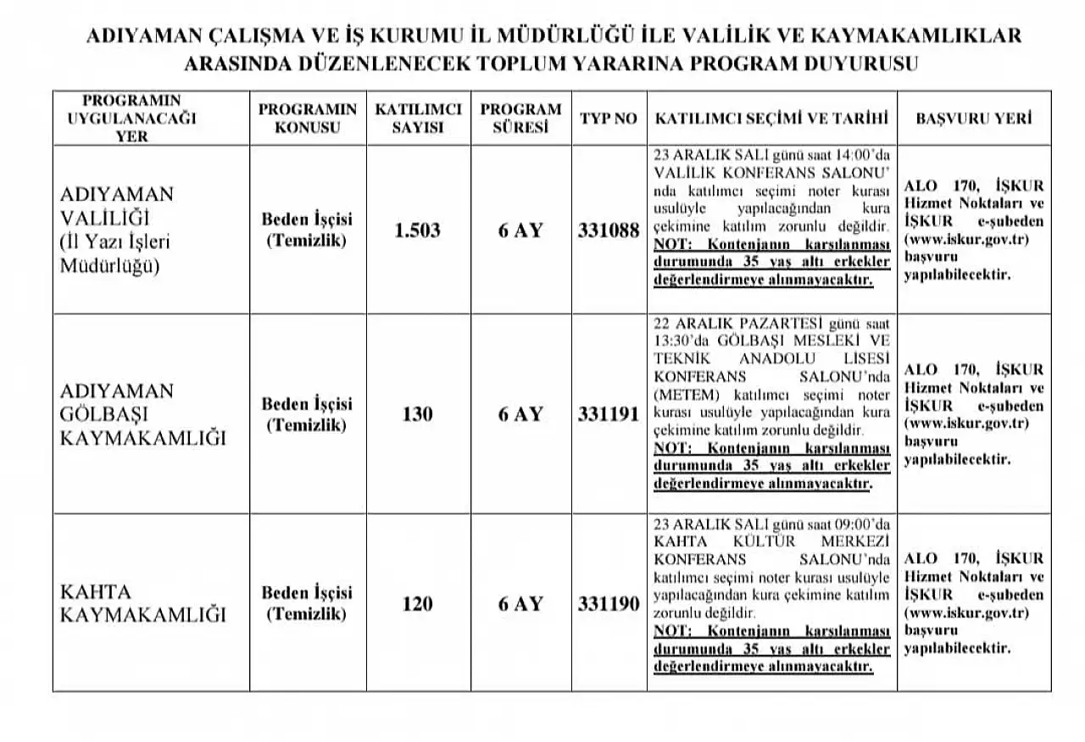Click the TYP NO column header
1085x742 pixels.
[608, 119]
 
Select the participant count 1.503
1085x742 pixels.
[418, 230]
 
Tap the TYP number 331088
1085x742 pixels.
[609, 230]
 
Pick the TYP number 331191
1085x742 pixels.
[609, 414]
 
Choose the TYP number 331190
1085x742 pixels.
[609, 604]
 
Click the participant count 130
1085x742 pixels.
[418, 414]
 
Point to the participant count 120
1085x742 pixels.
[418, 604]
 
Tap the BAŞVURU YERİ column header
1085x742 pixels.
[974, 119]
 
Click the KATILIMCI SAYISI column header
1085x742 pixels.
[418, 119]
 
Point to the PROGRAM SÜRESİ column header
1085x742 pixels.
[520, 119]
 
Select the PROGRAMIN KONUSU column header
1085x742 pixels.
[307, 119]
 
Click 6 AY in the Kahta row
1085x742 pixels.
[520, 604]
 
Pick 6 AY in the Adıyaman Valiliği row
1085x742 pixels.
[520, 230]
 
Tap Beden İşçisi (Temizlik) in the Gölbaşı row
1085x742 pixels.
[307, 414]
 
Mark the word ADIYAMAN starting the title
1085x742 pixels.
[143, 36]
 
